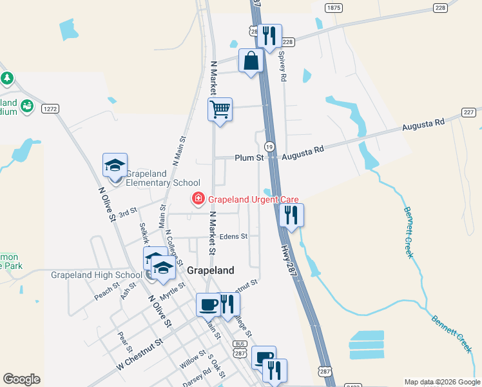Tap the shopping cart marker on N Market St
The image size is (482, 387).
[x=220, y=110]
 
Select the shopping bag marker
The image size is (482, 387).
[x=251, y=61]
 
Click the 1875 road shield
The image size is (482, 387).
[x=333, y=7]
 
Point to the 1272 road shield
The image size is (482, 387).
[x=50, y=109]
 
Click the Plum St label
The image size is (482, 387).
[x=249, y=157]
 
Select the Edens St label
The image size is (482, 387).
[x=233, y=237]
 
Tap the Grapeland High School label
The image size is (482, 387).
[x=96, y=275]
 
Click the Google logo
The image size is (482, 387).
[x=21, y=379]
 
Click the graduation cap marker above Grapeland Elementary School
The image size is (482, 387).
[x=115, y=165]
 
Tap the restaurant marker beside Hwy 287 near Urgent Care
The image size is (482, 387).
[x=291, y=215]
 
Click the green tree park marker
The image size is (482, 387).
[x=7, y=79]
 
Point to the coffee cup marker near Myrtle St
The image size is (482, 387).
[x=208, y=304]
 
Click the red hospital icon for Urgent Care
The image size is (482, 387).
[x=198, y=199]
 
